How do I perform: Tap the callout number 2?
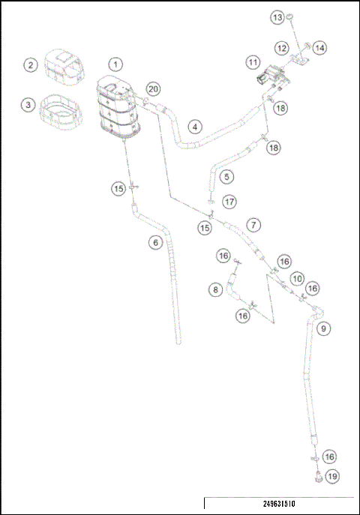30,65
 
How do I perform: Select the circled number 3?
28,105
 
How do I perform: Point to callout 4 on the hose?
194,127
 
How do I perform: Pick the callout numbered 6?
154,241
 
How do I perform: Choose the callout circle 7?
254,224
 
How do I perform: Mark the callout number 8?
215,289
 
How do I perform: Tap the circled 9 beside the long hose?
323,328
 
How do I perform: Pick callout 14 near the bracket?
319,48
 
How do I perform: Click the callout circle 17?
229,201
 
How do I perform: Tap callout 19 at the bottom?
331,475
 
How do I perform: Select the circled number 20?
153,88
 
